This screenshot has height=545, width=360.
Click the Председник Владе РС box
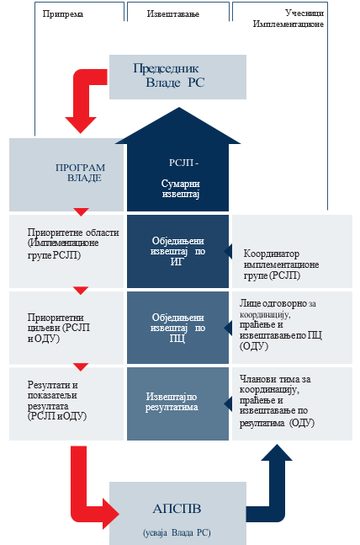[177, 77]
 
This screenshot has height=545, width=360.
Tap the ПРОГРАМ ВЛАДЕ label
[80, 173]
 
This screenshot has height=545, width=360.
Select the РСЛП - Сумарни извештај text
[181, 179]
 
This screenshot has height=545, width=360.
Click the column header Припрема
[63, 14]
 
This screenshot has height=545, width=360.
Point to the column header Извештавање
[173, 14]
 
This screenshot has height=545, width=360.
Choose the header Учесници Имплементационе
[289, 19]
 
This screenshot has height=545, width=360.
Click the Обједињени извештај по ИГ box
[177, 251]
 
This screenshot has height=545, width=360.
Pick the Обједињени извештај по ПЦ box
[177, 328]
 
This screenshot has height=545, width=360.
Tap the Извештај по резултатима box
[177, 403]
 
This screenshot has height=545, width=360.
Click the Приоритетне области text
[73, 232]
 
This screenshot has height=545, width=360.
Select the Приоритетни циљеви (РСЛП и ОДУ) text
[59, 328]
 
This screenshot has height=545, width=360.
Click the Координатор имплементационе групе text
[281, 264]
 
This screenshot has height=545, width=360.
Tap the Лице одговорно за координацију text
[278, 308]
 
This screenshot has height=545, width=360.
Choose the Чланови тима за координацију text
[275, 384]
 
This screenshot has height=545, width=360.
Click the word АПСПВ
[177, 509]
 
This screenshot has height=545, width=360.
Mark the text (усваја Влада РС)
[177, 532]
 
